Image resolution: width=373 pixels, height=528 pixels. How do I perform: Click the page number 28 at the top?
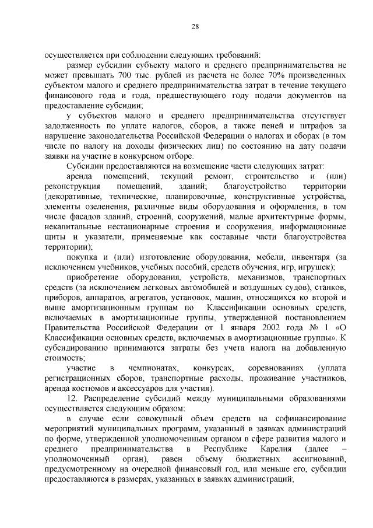pyautogui.click(x=195, y=26)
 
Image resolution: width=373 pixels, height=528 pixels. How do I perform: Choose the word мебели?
pyautogui.click(x=257, y=257)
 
